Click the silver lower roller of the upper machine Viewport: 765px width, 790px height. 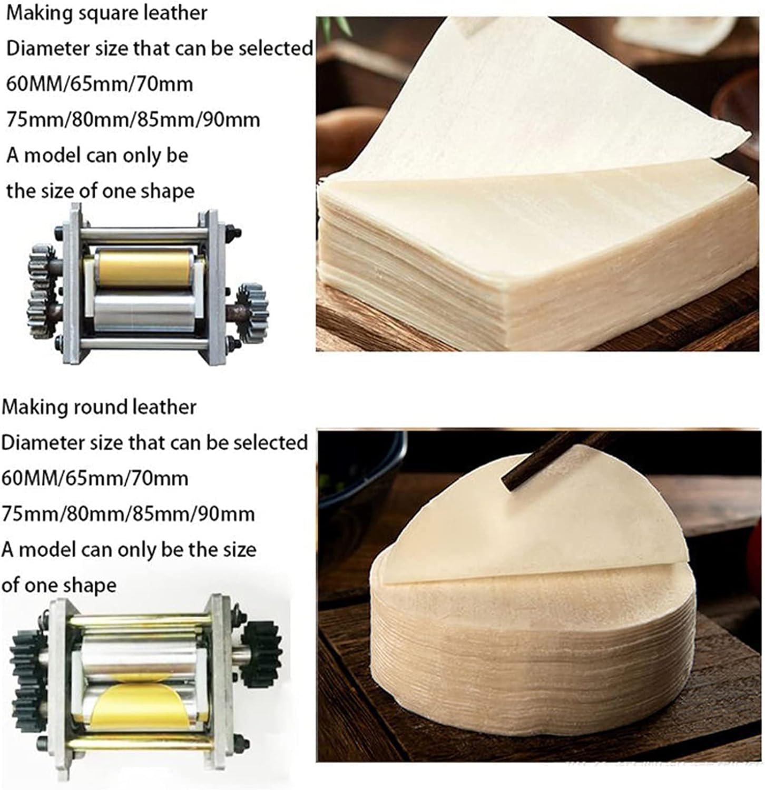(x=143, y=312)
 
